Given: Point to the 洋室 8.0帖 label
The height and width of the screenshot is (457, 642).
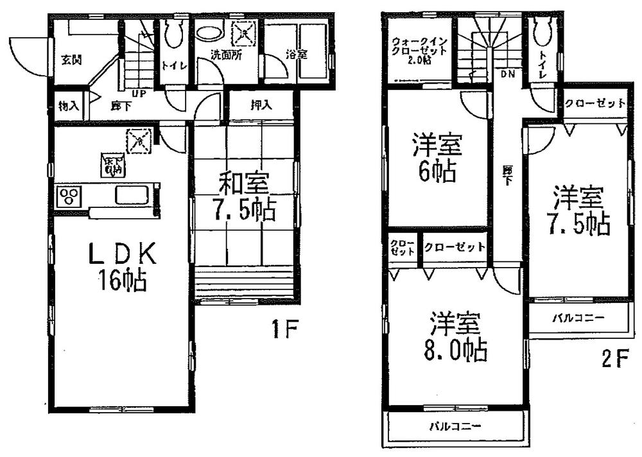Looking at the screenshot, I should [458, 336].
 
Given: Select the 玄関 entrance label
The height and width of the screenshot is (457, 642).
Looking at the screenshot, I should [71, 60].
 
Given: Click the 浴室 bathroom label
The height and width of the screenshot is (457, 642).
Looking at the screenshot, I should [297, 55].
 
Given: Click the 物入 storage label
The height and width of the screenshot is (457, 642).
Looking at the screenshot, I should [68, 106].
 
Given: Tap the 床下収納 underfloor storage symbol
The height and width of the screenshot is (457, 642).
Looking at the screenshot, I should [108, 166].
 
